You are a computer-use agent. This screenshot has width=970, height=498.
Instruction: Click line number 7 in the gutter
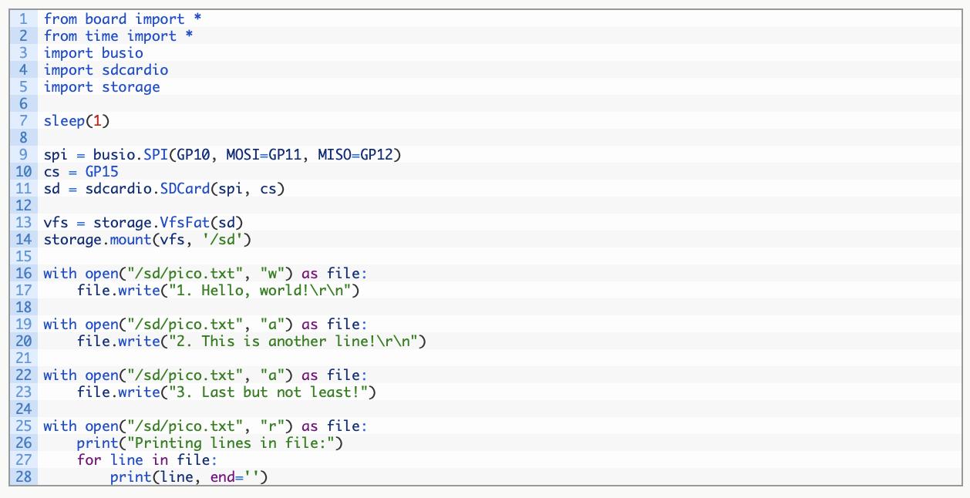pos(24,121)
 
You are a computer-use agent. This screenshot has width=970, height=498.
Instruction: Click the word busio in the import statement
pos(122,53)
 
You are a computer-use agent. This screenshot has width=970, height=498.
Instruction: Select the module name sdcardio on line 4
pos(135,70)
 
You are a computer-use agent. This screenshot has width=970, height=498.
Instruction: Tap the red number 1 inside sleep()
pos(96,121)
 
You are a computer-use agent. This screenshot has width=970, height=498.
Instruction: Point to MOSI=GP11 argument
pos(268,155)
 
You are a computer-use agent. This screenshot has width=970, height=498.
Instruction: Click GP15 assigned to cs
pos(102,172)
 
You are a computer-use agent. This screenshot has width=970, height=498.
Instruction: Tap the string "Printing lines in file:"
pos(234,443)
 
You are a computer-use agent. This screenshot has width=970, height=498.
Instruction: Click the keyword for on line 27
pos(89,460)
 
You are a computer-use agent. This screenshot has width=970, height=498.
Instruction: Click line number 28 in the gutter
pos(24,477)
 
